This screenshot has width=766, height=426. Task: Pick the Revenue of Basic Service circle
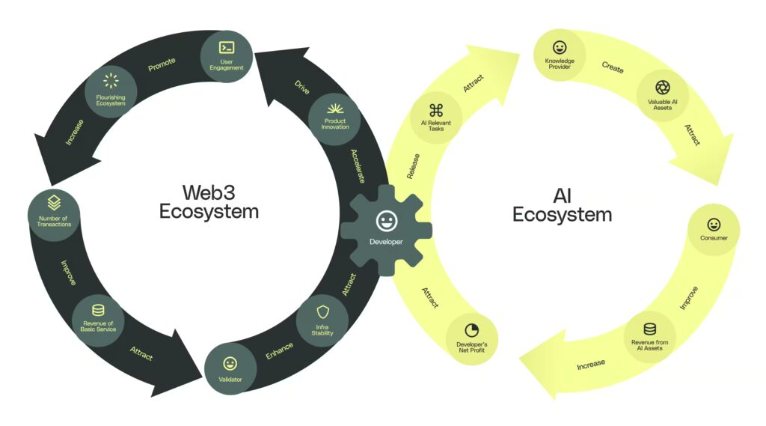pos(99,320)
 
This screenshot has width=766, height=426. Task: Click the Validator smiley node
pos(230,369)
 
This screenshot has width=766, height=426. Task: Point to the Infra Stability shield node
pos(323,320)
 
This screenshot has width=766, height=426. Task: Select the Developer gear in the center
pos(386,227)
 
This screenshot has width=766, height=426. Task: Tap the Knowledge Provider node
pos(559,55)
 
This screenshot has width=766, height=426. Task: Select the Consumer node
pos(714,229)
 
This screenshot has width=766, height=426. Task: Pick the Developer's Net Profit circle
pos(472,337)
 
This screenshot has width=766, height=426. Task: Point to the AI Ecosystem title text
pos(562,205)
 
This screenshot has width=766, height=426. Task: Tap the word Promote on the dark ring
pos(162,67)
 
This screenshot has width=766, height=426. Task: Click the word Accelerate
pos(358,165)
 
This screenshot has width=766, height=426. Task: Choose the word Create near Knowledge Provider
pos(613,67)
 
